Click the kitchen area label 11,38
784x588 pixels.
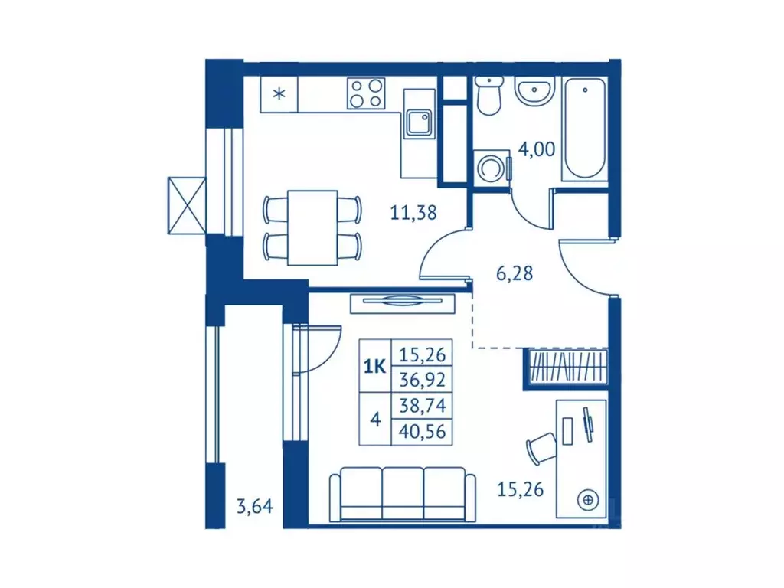[413, 213]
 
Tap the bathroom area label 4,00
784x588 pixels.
[537, 149]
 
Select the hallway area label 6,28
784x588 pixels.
[514, 273]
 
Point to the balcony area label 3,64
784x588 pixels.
[255, 507]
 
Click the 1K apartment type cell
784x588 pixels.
[374, 367]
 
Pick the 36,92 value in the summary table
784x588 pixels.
[422, 380]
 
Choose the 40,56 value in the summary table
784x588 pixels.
[422, 431]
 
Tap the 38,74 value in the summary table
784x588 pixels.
[422, 405]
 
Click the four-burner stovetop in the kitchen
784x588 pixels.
[367, 93]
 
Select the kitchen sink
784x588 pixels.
[419, 122]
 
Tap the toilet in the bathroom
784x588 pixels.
[488, 96]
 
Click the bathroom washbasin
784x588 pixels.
[534, 92]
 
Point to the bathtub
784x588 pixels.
[584, 129]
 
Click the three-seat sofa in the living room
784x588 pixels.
[403, 495]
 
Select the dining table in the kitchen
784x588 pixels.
[312, 227]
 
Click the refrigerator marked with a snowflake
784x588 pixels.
[279, 94]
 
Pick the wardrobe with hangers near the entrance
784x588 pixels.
[566, 367]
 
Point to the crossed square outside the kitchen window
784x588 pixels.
[187, 205]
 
